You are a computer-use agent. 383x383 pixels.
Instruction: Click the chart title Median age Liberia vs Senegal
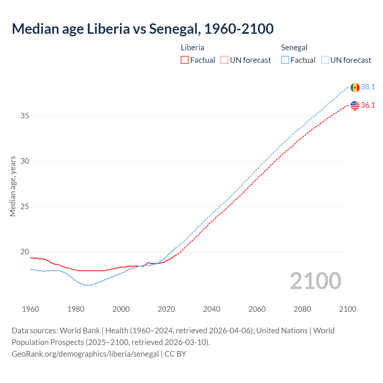pos(142,29)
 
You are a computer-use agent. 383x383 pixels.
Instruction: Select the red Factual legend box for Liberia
pos(185,60)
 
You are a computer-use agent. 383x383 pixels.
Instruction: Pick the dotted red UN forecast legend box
pos(224,60)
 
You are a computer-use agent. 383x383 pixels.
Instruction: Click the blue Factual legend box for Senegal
pos(285,60)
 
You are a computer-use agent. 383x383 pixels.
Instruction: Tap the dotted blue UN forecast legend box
pos(325,60)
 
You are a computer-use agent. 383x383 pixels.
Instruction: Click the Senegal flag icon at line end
pos(355,87)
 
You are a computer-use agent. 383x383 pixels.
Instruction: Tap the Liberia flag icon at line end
pos(355,105)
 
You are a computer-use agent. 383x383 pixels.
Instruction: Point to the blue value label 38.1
pos(368,87)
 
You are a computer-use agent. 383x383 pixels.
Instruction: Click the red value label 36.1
pos(368,105)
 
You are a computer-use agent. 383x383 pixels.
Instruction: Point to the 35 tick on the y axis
pos(25,116)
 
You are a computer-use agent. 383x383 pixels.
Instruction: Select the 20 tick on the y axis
pos(25,252)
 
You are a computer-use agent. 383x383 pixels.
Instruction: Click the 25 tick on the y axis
pos(25,206)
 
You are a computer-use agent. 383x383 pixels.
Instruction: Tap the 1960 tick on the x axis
pos(31,309)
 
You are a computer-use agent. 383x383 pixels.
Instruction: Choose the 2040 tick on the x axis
pos(212,309)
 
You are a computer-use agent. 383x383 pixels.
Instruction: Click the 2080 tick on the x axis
pos(302,309)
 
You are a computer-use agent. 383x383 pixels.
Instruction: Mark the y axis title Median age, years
pos(13,186)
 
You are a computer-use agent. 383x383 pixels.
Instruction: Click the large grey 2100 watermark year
pos(315,281)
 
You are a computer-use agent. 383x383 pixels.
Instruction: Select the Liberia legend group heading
pos(192,48)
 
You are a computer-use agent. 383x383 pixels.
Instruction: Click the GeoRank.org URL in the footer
pos(85,354)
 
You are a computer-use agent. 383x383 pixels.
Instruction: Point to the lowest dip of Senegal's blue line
pos(88,285)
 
